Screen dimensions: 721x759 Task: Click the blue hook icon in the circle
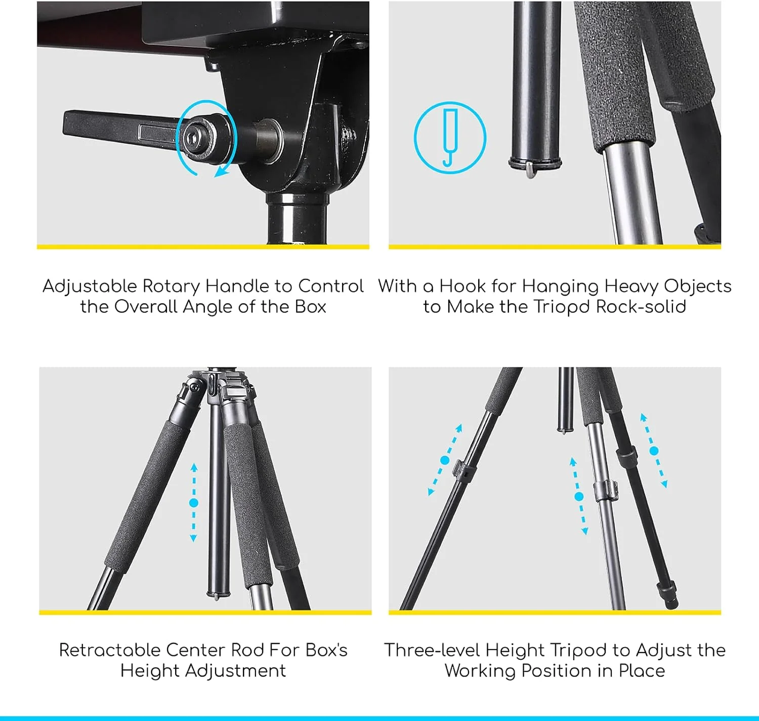[x=450, y=137]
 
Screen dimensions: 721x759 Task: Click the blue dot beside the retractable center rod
[x=193, y=503]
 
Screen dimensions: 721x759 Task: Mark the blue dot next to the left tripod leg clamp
[x=445, y=460]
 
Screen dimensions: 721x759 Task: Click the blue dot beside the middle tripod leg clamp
[x=579, y=497]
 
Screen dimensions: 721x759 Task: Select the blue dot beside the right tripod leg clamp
[x=654, y=451]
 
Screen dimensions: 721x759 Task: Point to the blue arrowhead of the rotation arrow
[x=221, y=173]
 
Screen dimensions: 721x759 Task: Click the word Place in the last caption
[x=642, y=671]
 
